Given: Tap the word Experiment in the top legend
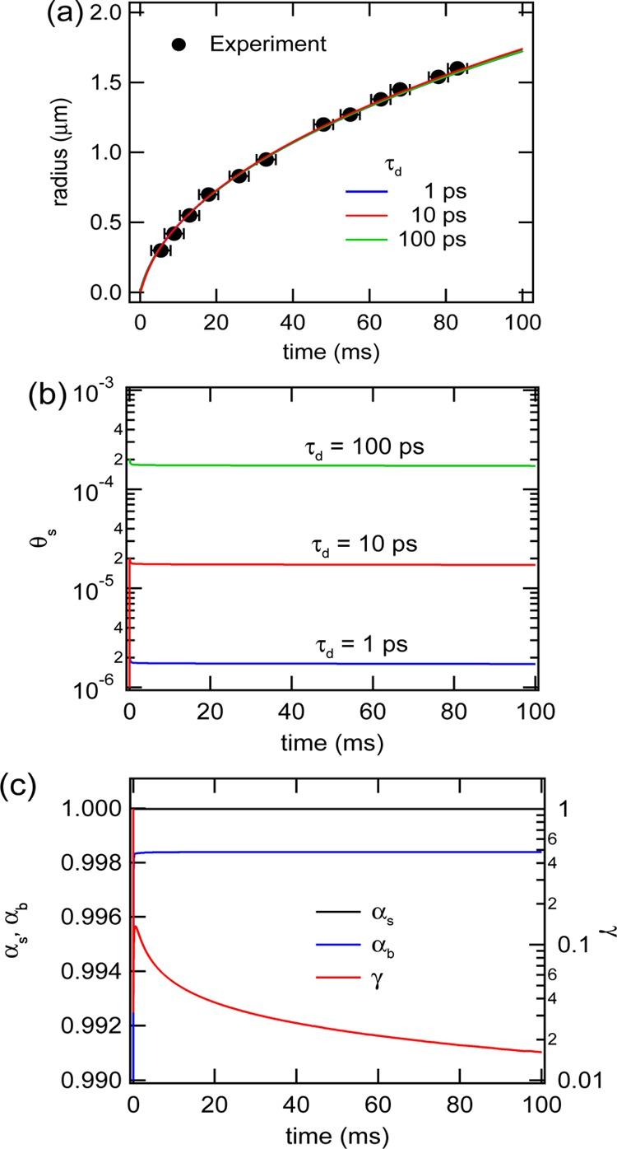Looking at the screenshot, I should [267, 44].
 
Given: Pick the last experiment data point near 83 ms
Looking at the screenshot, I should [457, 68].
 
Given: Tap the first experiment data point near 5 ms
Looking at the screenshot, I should [160, 250].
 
